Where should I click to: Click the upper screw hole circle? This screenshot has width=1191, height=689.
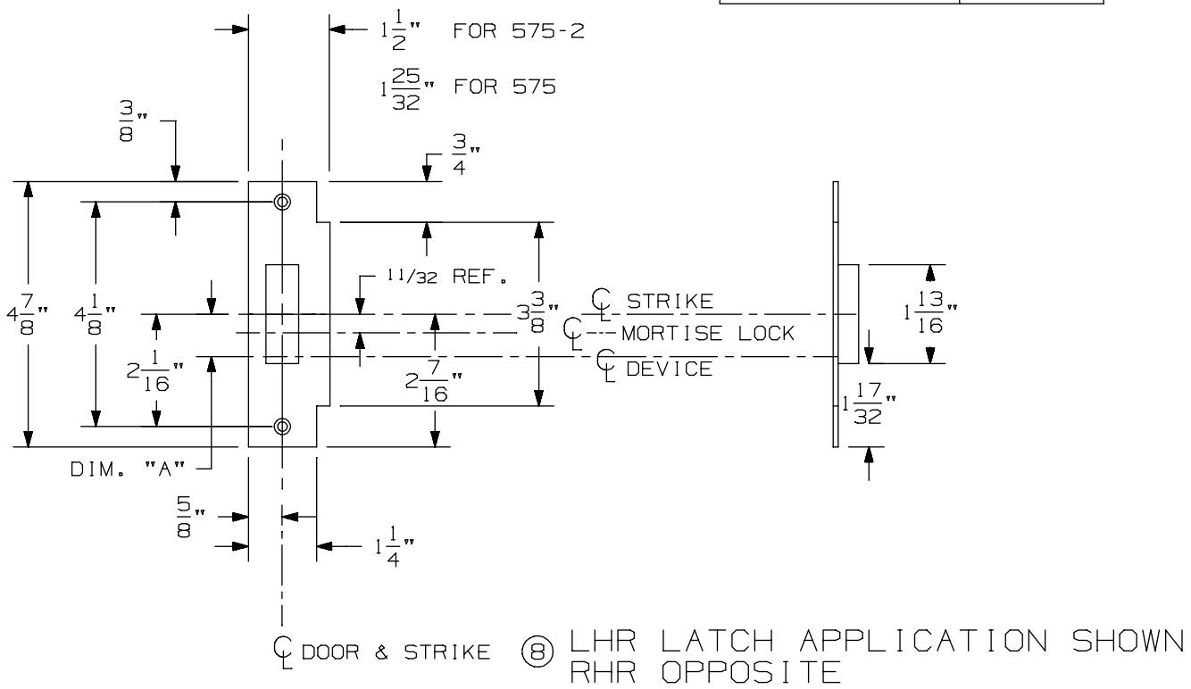point(282,202)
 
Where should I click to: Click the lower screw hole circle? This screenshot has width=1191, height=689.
point(282,426)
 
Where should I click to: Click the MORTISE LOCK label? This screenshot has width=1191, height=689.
point(707,335)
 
